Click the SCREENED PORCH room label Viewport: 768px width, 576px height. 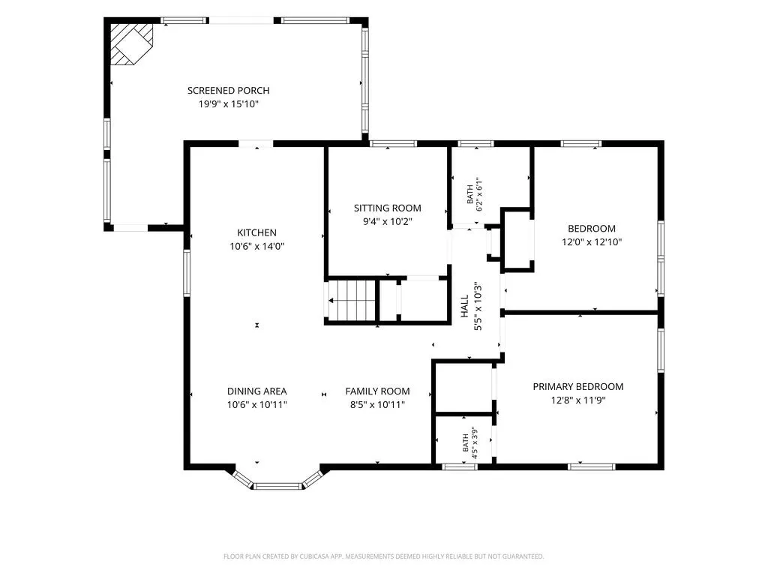tap(228, 91)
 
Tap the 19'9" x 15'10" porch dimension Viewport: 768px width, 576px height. tap(228, 103)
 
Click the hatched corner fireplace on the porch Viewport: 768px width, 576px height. tap(130, 44)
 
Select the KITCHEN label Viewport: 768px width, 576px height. tap(256, 232)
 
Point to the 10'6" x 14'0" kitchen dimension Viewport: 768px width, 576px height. tap(256, 246)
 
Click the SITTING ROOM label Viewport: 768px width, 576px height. tap(388, 208)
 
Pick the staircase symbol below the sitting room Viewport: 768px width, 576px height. tap(351, 299)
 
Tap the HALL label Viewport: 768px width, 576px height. tap(465, 306)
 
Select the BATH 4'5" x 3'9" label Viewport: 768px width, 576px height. tap(469, 442)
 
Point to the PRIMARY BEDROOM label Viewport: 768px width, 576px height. tap(578, 386)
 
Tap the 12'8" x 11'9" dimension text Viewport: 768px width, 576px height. tap(578, 400)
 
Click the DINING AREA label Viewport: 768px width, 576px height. tap(256, 391)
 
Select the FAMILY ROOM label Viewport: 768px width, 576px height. tap(377, 391)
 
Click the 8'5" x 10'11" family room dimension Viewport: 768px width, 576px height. tap(377, 405)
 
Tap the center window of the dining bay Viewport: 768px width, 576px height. tap(277, 486)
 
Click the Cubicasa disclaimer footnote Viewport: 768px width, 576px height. tap(383, 556)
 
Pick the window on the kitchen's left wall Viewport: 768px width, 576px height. tap(187, 273)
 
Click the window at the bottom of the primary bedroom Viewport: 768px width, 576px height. tap(591, 466)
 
